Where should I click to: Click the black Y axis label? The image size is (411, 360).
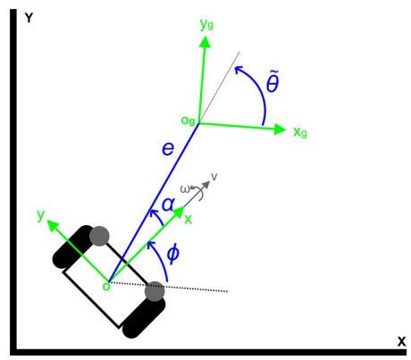coord(29,19)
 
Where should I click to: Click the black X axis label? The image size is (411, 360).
coord(401,341)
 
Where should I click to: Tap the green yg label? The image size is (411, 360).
coord(206,24)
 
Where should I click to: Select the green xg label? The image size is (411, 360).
coord(300,132)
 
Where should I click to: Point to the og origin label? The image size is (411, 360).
coord(189,121)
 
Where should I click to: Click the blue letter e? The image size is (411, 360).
coord(168,148)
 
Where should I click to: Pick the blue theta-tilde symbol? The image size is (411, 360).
coord(273,81)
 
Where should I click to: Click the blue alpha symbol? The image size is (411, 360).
coord(168,205)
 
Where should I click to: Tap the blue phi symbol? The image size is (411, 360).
coord(172,254)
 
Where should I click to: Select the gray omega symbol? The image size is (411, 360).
coord(185,189)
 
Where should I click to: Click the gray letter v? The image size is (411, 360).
coord(214,177)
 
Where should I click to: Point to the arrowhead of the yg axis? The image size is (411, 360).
coord(205,42)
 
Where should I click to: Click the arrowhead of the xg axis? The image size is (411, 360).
coord(280,130)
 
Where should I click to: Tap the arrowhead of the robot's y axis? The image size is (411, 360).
coord(53,225)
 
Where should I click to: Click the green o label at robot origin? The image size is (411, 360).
coord(106,287)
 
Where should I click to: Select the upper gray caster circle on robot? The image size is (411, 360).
coord(99,236)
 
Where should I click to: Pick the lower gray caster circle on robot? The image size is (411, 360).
coord(155,291)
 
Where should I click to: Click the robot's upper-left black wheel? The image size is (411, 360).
coord(73,247)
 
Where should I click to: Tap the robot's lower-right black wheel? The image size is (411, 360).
coord(144,316)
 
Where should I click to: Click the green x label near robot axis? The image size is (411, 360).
coord(189,220)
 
